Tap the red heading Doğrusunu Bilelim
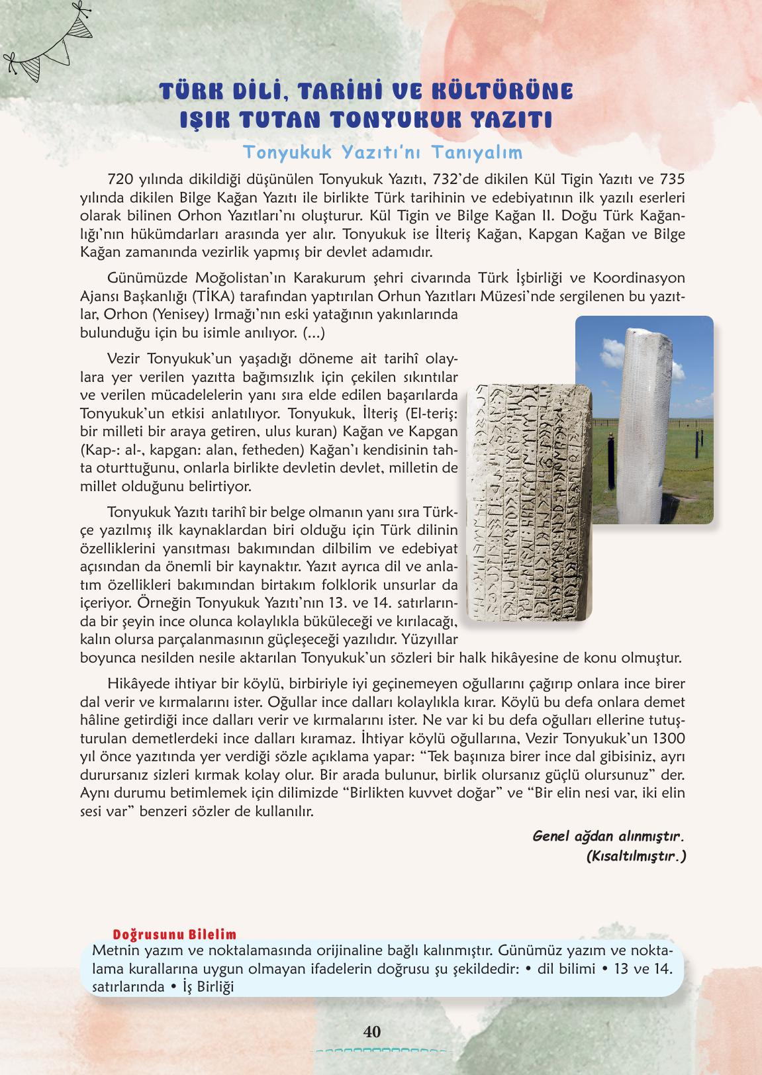tap(175, 935)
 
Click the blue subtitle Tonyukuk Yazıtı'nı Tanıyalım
tap(383, 152)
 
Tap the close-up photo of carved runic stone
tap(529, 503)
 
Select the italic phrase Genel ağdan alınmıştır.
tap(608, 835)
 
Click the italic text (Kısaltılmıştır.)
tap(635, 855)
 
